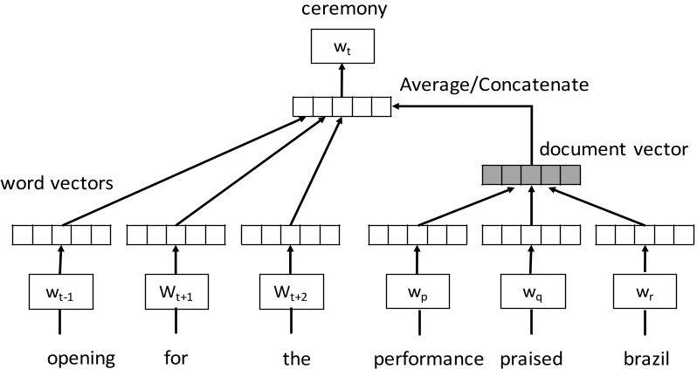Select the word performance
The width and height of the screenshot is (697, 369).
[428, 358]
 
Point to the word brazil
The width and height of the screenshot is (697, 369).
[645, 358]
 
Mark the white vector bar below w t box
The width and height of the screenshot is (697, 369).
[342, 107]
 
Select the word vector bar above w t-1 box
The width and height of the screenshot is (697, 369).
[61, 234]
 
